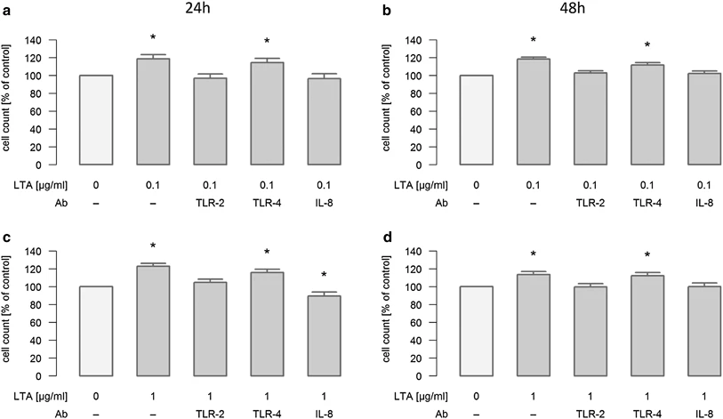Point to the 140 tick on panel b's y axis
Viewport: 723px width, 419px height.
click(x=423, y=40)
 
